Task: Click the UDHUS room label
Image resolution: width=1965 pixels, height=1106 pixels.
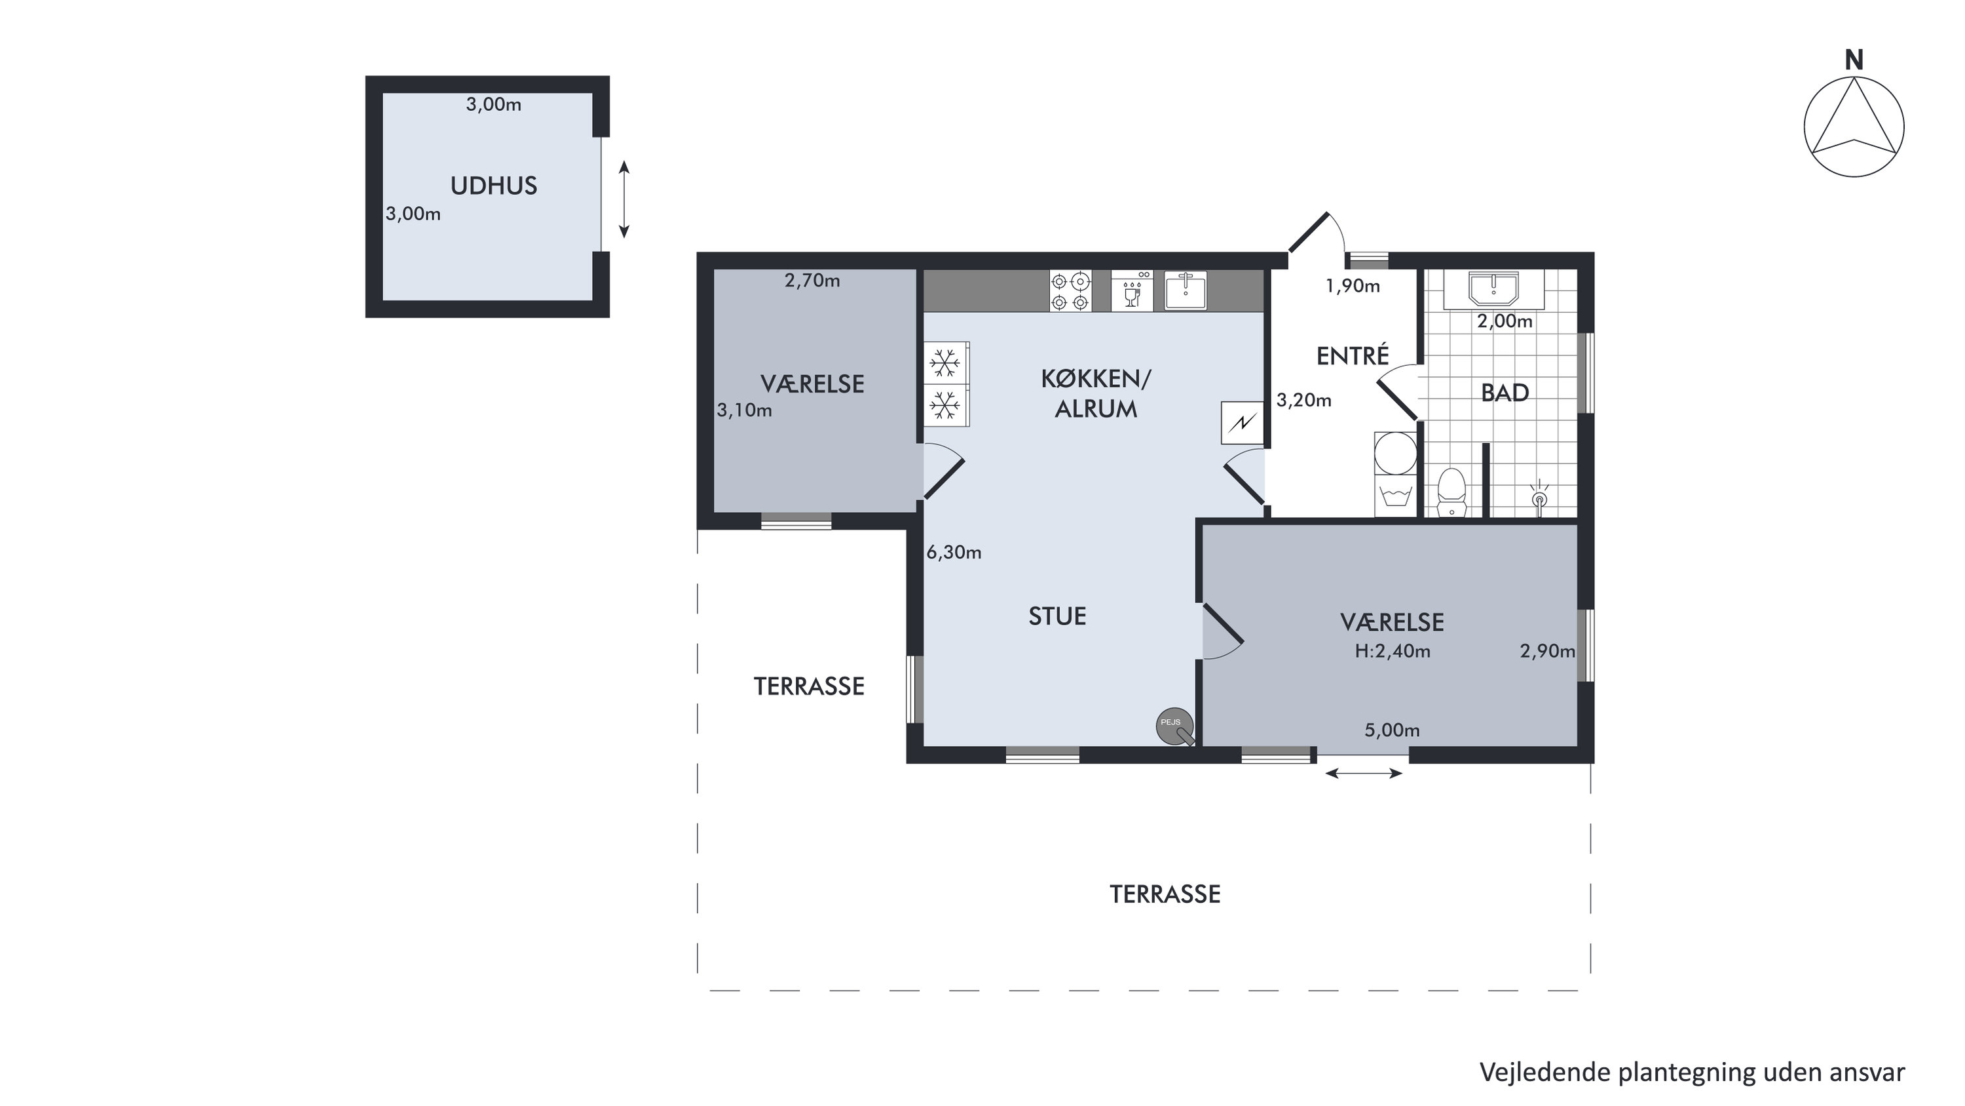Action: click(493, 186)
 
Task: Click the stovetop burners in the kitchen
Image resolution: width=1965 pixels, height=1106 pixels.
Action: click(1070, 291)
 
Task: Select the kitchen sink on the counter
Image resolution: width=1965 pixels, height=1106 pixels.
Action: click(1186, 291)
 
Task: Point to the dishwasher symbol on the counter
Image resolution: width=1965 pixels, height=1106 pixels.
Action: click(1132, 291)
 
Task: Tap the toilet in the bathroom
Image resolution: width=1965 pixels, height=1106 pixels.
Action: click(1451, 492)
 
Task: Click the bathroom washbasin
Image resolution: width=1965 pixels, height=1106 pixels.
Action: click(1493, 289)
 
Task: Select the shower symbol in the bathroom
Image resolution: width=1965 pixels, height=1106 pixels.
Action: click(1539, 494)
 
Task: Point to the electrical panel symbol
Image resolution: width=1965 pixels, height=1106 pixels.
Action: click(1242, 423)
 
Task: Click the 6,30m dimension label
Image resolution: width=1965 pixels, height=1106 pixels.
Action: click(954, 553)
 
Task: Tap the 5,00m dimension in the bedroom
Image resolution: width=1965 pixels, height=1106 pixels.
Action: click(1392, 730)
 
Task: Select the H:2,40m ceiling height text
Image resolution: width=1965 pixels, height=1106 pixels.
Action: click(1392, 651)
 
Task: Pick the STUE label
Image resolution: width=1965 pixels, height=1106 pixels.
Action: click(1057, 616)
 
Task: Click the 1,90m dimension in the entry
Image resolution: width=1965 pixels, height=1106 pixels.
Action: click(1353, 286)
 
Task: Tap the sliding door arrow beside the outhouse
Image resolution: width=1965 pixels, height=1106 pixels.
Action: click(624, 199)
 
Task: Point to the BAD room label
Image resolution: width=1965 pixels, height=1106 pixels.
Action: click(1505, 393)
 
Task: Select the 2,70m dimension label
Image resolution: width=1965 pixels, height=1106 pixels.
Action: click(812, 281)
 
